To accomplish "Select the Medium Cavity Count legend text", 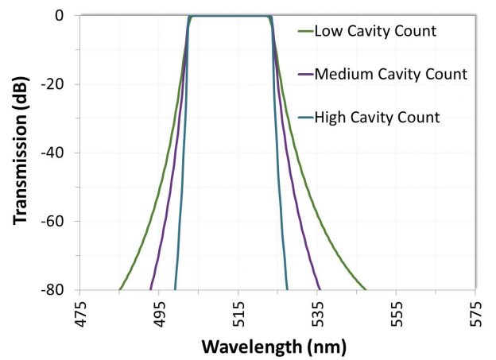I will click(390, 75).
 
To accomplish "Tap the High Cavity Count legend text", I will click(377, 118).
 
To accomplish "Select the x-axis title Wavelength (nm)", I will click(274, 346).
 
